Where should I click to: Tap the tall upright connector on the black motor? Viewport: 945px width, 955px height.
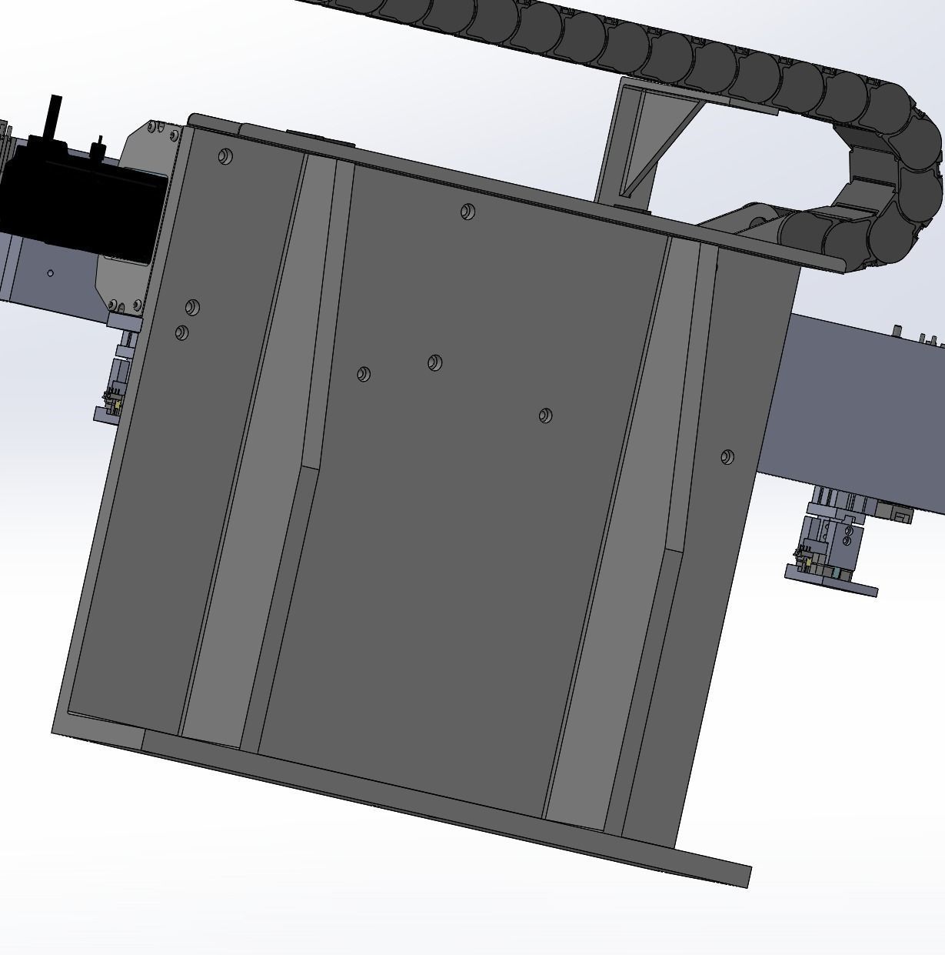[x=56, y=115]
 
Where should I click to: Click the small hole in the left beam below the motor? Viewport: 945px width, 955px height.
[x=51, y=273]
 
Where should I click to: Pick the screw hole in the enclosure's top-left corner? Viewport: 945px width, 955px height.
[x=225, y=157]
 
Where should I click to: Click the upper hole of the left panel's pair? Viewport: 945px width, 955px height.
[x=192, y=308]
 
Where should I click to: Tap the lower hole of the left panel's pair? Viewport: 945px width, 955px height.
[x=182, y=332]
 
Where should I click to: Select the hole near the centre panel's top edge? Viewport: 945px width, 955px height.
[x=468, y=212]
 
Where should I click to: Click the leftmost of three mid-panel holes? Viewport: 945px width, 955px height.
[x=364, y=374]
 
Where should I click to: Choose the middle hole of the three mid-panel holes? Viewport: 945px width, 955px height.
[x=434, y=362]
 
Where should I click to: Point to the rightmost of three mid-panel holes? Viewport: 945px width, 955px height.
[x=545, y=416]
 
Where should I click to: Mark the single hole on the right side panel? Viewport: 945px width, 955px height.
[x=727, y=457]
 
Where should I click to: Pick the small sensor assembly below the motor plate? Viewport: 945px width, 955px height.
[x=115, y=385]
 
